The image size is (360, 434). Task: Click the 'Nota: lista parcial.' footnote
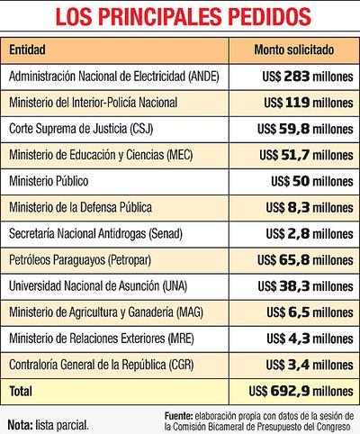click(x=49, y=420)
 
